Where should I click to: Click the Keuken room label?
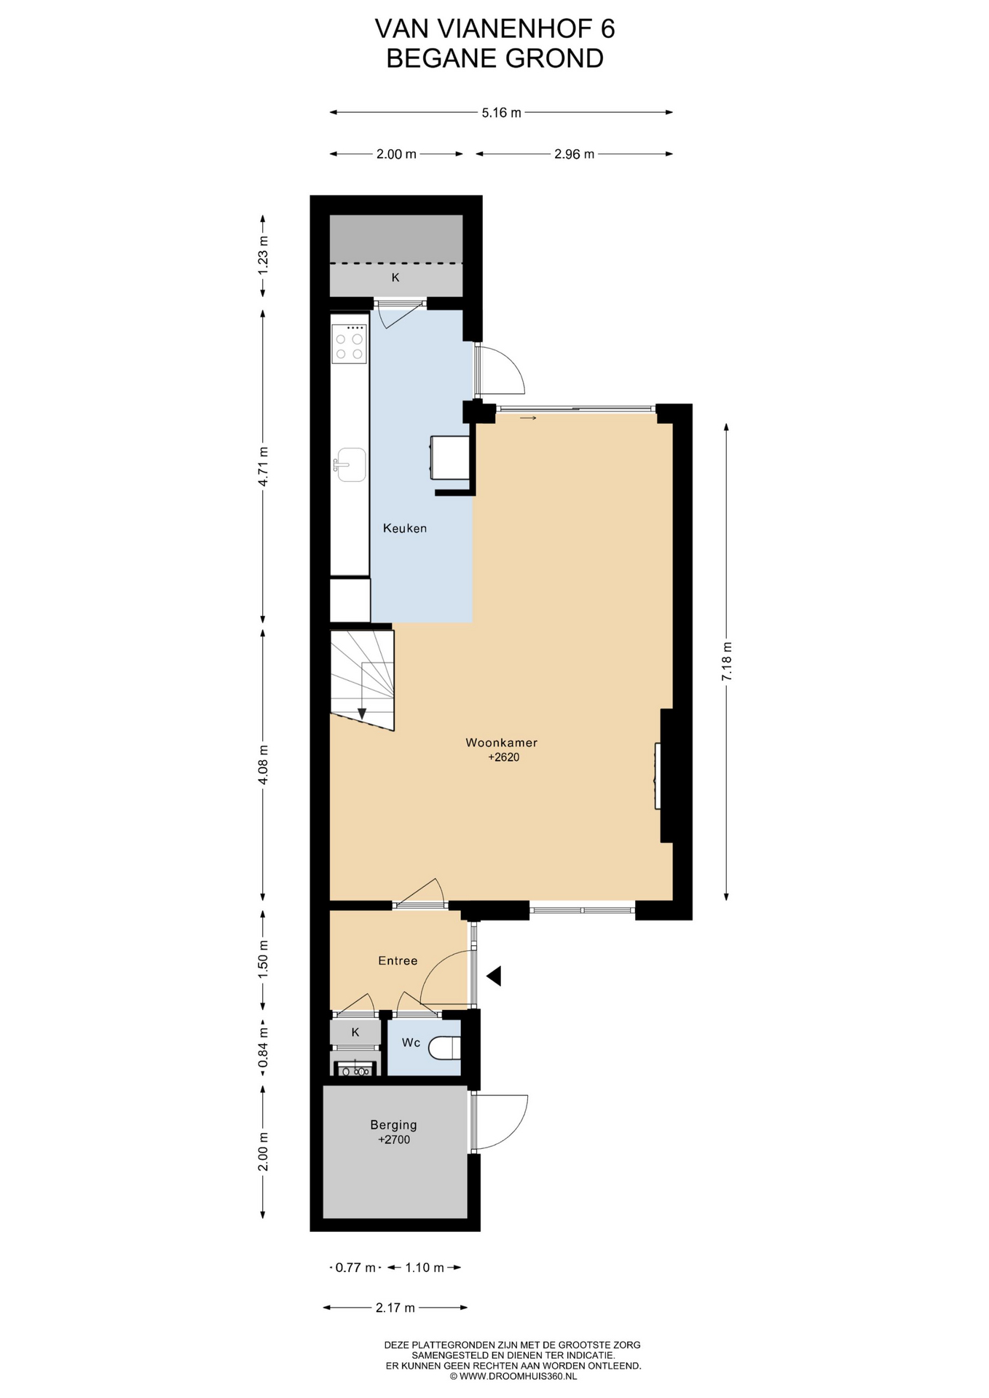405,528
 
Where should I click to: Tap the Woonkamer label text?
502,743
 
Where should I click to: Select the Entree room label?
398,960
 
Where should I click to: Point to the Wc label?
411,1042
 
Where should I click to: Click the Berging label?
393,1125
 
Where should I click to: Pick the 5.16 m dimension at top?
502,113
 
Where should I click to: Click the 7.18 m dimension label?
726,662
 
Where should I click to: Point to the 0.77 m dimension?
355,1268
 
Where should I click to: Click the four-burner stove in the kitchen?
350,344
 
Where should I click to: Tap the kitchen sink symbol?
350,465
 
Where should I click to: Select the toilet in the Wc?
445,1048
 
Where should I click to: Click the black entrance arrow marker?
494,976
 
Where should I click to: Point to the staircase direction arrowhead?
361,714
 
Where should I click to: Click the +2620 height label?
503,757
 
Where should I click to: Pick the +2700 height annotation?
394,1140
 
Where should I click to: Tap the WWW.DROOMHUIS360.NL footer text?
518,1377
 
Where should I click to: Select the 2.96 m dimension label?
575,154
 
